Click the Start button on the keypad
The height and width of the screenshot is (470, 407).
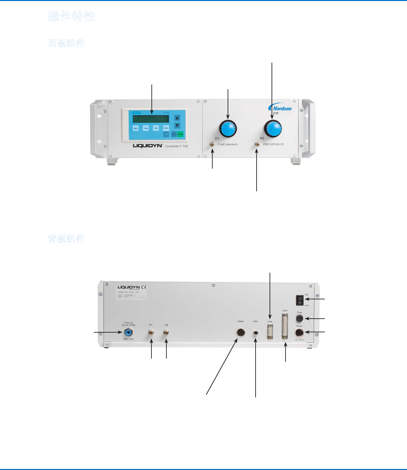136,128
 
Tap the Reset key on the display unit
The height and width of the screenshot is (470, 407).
166,128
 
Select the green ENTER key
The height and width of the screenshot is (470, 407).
180,134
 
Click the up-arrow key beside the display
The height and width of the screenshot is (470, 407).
177,118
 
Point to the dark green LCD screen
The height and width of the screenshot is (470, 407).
148,119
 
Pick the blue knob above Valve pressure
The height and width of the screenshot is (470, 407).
273,128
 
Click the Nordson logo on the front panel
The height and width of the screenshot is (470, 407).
281,108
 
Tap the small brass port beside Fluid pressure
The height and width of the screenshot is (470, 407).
212,145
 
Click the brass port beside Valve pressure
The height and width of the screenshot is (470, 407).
257,145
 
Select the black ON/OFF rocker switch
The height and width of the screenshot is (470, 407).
300,300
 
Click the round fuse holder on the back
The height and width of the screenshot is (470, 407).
300,319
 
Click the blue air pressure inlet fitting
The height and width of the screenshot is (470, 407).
128,332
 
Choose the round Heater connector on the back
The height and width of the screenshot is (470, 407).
241,333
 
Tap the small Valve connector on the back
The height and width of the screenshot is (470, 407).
256,333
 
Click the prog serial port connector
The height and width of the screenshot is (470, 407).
270,332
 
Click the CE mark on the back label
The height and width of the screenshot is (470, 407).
144,287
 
